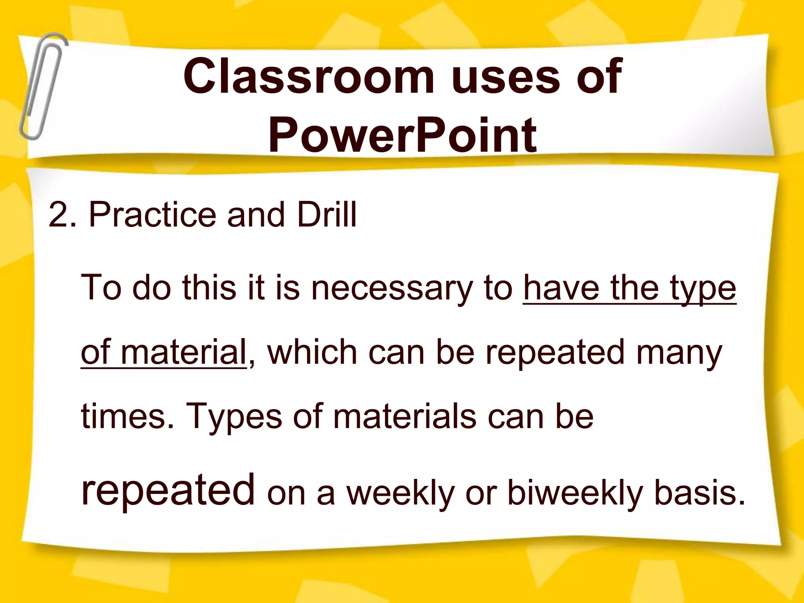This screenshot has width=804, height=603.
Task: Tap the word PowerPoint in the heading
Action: tap(402, 135)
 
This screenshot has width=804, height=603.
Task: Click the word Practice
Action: tap(152, 215)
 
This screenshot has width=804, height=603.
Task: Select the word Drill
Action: tap(327, 215)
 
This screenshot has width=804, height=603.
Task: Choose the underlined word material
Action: tap(183, 352)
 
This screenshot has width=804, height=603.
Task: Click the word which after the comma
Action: tap(312, 352)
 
